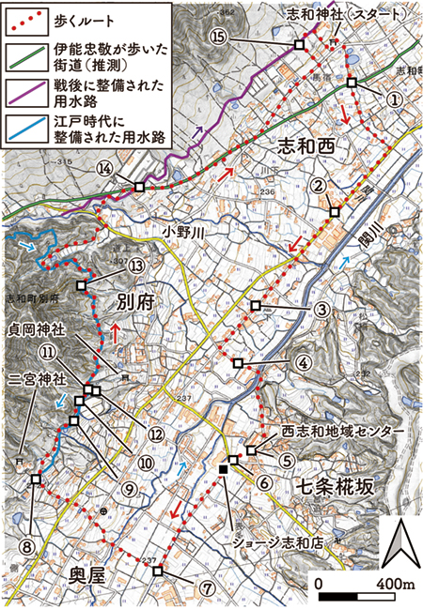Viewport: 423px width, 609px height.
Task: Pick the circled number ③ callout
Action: (321, 311)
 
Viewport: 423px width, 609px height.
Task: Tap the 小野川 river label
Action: (181, 231)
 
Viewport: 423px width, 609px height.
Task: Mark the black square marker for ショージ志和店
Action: (224, 468)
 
